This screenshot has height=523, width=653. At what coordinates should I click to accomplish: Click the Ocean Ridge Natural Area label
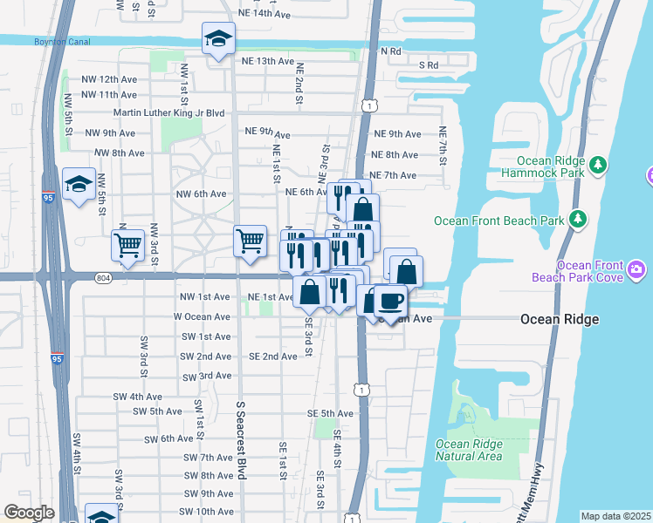(x=468, y=450)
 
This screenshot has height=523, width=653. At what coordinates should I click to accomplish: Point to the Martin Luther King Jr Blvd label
(x=169, y=113)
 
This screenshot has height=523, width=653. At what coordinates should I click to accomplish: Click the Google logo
(x=29, y=513)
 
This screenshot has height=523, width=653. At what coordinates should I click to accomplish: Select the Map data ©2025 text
(x=615, y=516)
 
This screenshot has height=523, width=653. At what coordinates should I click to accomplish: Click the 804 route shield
(x=103, y=277)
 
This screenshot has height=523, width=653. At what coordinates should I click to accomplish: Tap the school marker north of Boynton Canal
(x=217, y=38)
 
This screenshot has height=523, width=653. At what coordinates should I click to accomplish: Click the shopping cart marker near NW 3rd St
(x=128, y=245)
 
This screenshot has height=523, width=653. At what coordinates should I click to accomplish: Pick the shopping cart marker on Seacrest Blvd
(x=251, y=240)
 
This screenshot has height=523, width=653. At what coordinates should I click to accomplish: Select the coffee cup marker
(x=390, y=301)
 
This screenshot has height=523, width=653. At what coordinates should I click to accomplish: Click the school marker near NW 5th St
(x=79, y=184)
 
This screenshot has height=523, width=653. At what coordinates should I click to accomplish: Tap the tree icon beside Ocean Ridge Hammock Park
(x=598, y=165)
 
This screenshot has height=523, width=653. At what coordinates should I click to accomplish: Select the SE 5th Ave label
(x=330, y=413)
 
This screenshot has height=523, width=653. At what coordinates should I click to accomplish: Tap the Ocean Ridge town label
(x=560, y=320)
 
